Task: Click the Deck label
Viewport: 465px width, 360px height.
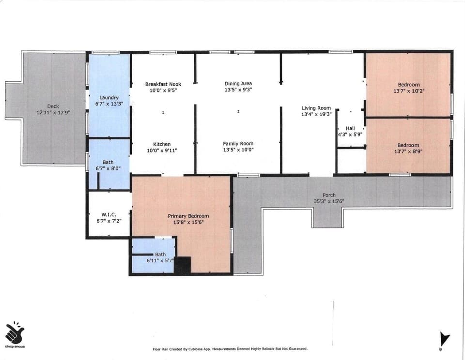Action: point(53,106)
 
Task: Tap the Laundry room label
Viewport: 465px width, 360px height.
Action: point(109,97)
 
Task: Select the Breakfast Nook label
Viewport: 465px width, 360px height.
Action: point(163,84)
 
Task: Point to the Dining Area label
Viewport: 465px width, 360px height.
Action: point(238,84)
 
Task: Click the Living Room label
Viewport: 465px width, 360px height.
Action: point(316,108)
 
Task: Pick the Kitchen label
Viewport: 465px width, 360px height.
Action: point(162,144)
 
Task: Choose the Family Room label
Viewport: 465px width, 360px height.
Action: point(238,144)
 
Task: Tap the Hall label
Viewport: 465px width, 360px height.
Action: point(350,128)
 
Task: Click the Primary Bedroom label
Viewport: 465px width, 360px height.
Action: point(188,216)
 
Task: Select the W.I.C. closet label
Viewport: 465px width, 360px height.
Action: point(108,214)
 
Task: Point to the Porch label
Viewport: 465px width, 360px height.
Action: point(329,195)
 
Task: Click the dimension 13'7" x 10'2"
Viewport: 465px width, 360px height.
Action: point(408,91)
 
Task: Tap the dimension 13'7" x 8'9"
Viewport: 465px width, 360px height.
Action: point(408,151)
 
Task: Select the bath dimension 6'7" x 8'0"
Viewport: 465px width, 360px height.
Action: point(108,168)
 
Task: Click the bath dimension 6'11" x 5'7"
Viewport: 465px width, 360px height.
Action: point(160,260)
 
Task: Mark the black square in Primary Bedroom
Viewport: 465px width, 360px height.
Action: point(183,266)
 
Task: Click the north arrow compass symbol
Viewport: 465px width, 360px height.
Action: point(444,339)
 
